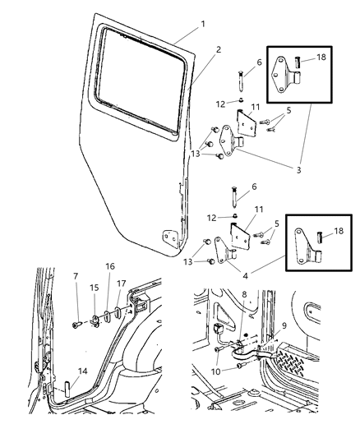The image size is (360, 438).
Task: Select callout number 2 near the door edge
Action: point(218,50)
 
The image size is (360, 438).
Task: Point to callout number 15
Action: point(95,287)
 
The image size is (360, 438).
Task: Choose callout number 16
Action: point(110,267)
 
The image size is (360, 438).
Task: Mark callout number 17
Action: point(121,284)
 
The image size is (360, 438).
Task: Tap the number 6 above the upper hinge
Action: point(260,62)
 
